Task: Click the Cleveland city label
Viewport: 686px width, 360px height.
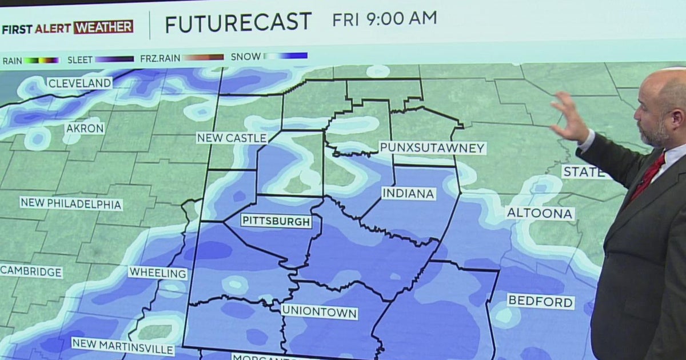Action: pyautogui.click(x=79, y=83)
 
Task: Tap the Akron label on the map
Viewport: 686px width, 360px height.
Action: pyautogui.click(x=85, y=128)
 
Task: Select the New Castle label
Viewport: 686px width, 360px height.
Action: pyautogui.click(x=232, y=138)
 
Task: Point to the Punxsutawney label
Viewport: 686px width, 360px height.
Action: pyautogui.click(x=433, y=148)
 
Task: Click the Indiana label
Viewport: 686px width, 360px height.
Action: pyautogui.click(x=408, y=193)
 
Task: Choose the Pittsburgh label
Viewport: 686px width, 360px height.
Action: pyautogui.click(x=276, y=221)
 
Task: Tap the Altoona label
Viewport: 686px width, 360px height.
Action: pyautogui.click(x=540, y=214)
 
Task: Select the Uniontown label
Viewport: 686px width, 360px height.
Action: pyautogui.click(x=320, y=313)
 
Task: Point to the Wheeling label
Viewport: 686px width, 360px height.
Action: pyautogui.click(x=158, y=273)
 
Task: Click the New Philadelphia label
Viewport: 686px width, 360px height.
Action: pyautogui.click(x=71, y=204)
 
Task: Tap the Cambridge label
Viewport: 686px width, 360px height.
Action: pyautogui.click(x=31, y=271)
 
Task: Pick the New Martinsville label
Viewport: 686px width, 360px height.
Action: pyautogui.click(x=123, y=346)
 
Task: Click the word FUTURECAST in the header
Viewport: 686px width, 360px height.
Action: pyautogui.click(x=238, y=23)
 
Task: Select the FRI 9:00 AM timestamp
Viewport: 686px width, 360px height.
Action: pyautogui.click(x=384, y=19)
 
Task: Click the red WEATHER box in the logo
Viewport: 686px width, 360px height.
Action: pyautogui.click(x=103, y=27)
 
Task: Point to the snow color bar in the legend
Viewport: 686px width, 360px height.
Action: pyautogui.click(x=285, y=57)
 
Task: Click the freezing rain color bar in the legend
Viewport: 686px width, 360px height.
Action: pyautogui.click(x=200, y=58)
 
